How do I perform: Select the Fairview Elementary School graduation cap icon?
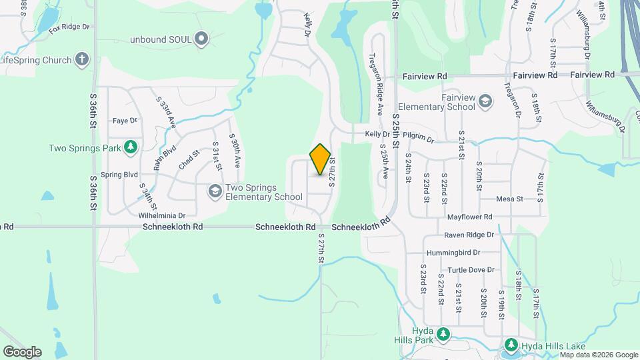pyautogui.click(x=485, y=101)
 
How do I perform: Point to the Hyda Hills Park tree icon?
pyautogui.click(x=442, y=333)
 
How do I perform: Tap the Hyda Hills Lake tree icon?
pyautogui.click(x=511, y=345)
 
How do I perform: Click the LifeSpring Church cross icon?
pyautogui.click(x=82, y=60)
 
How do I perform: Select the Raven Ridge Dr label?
pyautogui.click(x=469, y=235)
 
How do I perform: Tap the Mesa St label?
pyautogui.click(x=509, y=199)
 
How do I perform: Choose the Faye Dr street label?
pyautogui.click(x=124, y=121)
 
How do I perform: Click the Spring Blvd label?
pyautogui.click(x=119, y=175)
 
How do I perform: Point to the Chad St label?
pyautogui.click(x=189, y=160)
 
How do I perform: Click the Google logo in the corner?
pyautogui.click(x=22, y=351)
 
